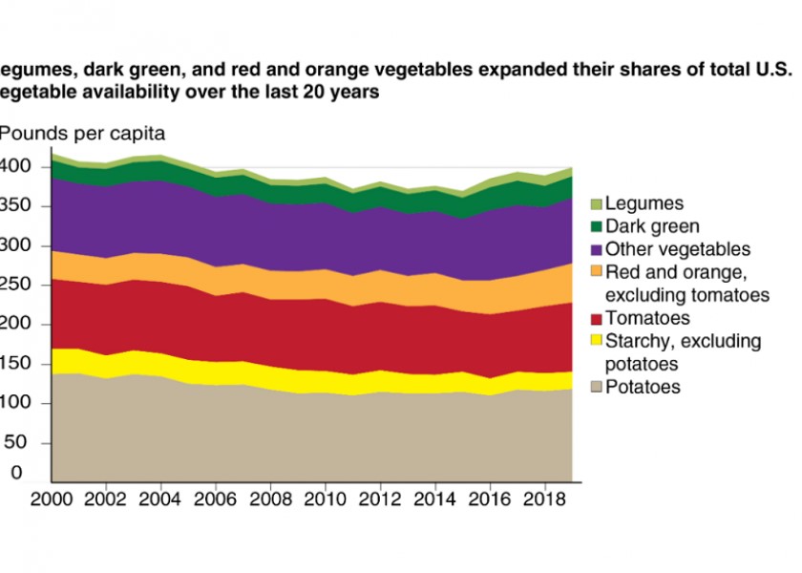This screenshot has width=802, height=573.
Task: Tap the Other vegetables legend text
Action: pos(679,249)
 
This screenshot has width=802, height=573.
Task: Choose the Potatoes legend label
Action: pos(644,387)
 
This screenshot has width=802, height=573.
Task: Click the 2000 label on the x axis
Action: pos(52,500)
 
